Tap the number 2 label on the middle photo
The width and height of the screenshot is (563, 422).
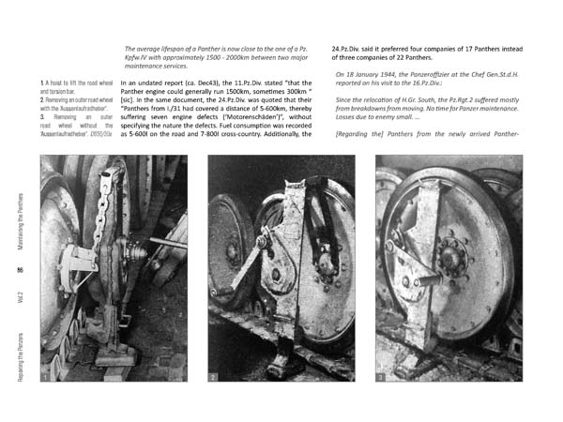214,376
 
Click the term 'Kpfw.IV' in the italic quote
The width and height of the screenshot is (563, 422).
139,57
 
